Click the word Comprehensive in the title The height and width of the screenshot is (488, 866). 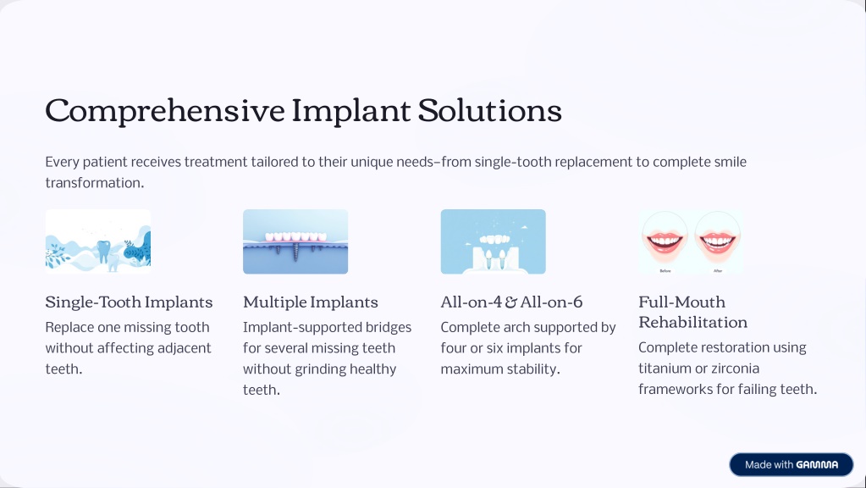coord(165,111)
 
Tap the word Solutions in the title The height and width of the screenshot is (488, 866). coord(490,110)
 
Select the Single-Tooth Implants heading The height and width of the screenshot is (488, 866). coord(129,302)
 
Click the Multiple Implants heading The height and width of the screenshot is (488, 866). coord(311,302)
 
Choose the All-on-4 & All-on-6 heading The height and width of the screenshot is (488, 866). coord(511,302)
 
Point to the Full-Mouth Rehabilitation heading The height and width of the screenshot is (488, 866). coord(693,312)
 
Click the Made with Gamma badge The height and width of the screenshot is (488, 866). coord(792,465)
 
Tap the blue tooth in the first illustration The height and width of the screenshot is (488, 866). coord(103,251)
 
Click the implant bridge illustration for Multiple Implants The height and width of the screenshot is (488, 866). coord(295,241)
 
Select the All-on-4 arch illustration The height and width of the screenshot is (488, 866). coord(494,241)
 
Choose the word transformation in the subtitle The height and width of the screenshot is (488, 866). coord(95,183)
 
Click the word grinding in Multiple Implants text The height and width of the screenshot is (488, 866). coord(319,369)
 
